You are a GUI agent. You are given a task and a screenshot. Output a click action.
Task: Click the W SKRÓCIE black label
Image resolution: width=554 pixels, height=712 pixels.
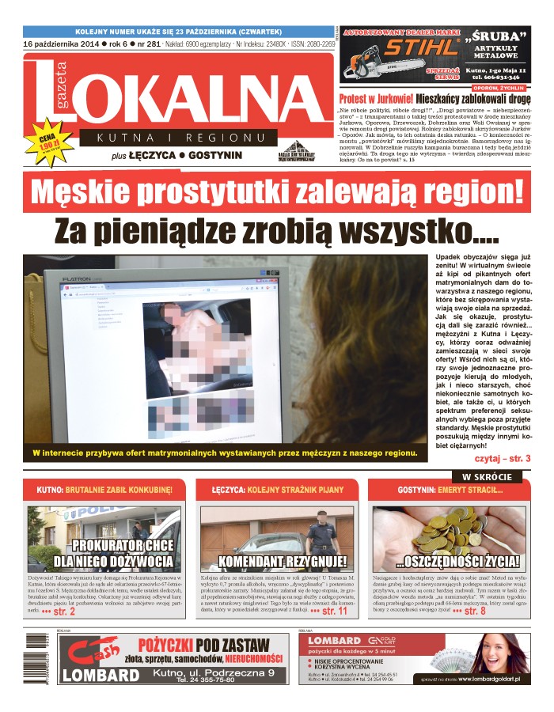487,477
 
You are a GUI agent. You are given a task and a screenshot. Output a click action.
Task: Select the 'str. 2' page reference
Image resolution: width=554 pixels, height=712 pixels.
61,612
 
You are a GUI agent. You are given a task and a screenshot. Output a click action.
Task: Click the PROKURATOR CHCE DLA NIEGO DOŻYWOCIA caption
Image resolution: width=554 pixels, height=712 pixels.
112,554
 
